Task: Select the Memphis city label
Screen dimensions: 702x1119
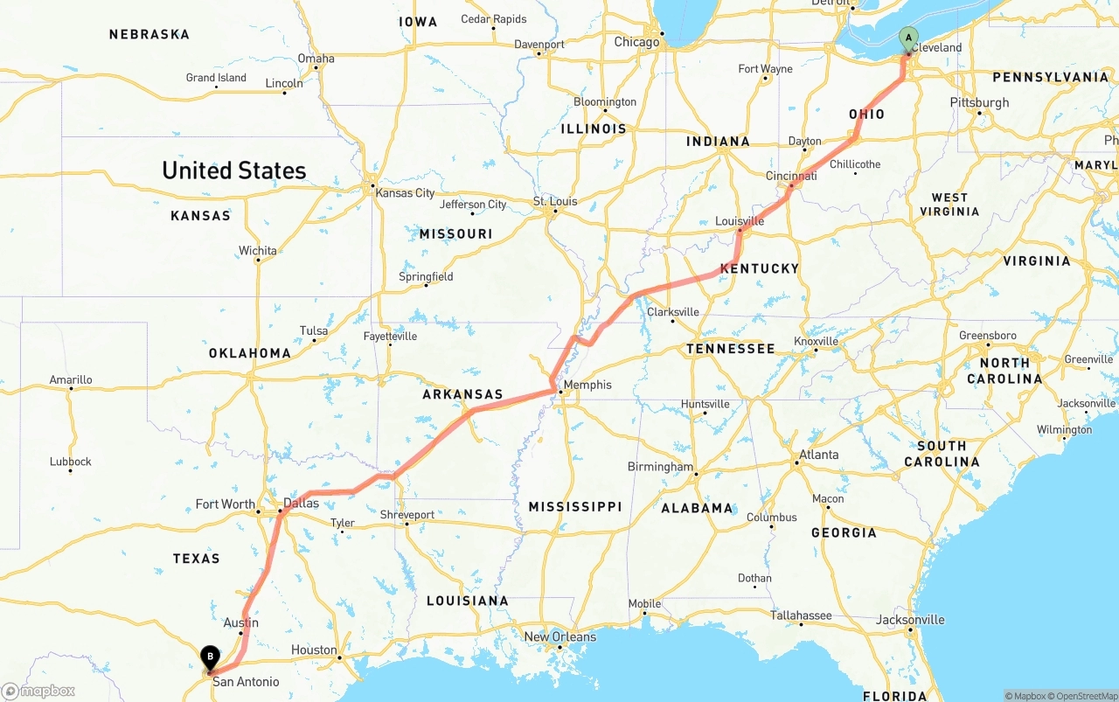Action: point(587,385)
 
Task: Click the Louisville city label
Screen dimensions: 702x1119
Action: point(740,221)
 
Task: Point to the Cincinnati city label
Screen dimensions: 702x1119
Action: point(791,176)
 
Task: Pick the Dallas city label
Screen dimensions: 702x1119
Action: point(302,504)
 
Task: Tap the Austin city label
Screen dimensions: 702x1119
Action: point(240,622)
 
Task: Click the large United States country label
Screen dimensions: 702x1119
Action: point(234,170)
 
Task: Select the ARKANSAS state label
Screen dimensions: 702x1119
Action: point(462,394)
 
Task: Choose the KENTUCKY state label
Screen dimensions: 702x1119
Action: point(760,268)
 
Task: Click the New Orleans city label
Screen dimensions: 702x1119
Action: point(560,636)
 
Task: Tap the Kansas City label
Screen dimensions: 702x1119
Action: point(405,192)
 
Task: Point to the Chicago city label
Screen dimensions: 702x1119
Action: point(636,42)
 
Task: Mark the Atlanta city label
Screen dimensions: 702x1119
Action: point(818,455)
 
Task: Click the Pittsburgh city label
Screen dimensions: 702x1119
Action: point(979,102)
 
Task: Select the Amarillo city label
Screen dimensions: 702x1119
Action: point(71,379)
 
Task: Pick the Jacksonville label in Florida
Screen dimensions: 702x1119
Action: point(911,620)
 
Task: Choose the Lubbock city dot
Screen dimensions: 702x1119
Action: point(70,471)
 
